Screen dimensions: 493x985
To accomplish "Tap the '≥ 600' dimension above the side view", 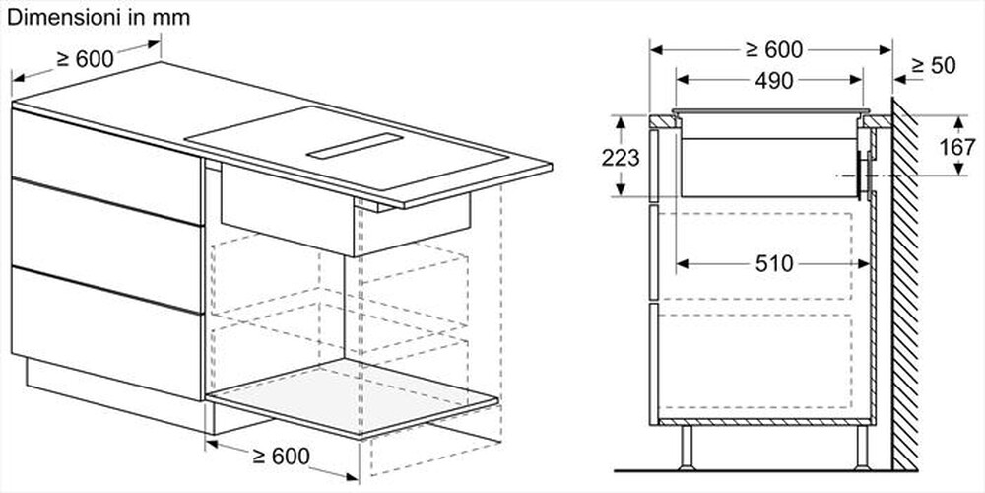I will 774,49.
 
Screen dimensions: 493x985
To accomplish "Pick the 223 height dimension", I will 622,157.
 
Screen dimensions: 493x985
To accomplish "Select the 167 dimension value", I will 950,147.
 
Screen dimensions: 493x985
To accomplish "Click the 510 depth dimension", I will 773,263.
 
